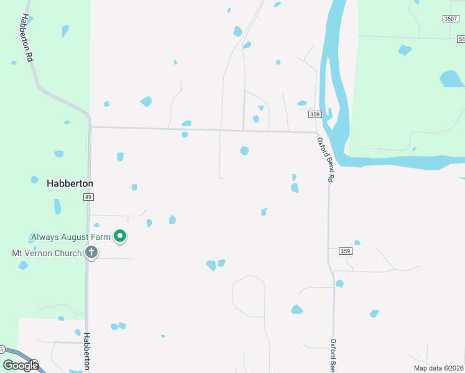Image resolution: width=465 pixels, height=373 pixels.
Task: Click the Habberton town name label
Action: click(70, 184)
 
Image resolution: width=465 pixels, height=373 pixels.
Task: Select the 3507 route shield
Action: click(451, 19)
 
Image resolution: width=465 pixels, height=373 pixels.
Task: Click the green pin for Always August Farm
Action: click(120, 236)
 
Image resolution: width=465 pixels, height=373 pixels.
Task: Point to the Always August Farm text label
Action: click(70, 237)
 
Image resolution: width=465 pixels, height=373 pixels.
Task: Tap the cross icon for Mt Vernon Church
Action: click(91, 253)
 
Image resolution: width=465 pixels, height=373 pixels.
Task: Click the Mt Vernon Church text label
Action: click(47, 253)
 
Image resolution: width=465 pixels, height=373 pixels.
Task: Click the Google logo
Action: click(21, 366)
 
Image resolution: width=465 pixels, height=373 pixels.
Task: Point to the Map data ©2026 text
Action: click(438, 368)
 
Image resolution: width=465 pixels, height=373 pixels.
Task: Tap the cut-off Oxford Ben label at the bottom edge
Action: click(333, 356)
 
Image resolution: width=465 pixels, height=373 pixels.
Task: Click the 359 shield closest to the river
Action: click(315, 114)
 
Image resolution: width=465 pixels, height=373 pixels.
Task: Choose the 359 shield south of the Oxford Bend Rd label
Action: click(346, 251)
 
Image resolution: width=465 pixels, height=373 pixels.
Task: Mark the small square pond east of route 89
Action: click(134, 187)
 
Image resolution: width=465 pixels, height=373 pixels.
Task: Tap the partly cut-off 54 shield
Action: click(460, 39)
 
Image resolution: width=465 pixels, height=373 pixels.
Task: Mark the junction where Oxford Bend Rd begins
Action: click(317, 132)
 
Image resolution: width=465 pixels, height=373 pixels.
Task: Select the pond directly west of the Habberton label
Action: click(35, 180)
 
